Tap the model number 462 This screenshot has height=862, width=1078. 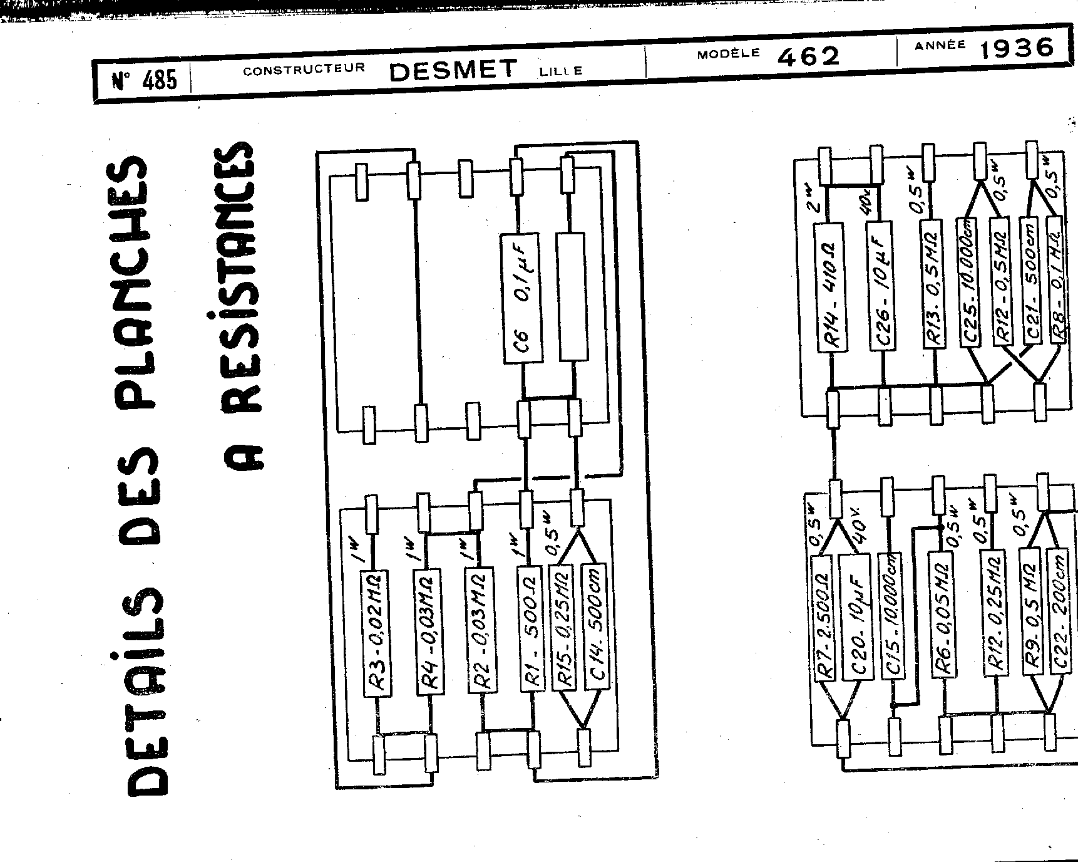(807, 57)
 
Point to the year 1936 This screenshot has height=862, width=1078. (1015, 48)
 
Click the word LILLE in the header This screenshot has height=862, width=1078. (560, 71)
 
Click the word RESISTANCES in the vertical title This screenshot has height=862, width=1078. (239, 307)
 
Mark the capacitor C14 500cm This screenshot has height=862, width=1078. (595, 626)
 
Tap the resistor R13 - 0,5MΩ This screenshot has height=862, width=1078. (933, 283)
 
